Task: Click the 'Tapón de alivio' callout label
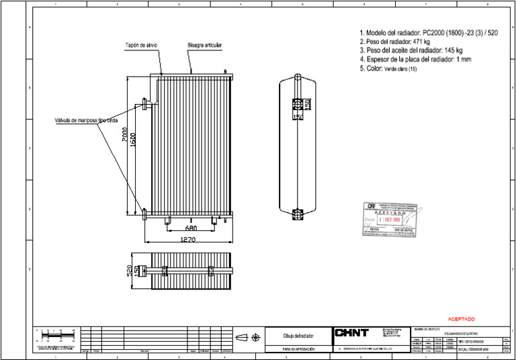tap(141, 46)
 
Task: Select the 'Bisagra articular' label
tap(204, 46)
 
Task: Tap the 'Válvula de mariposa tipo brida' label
tap(88, 121)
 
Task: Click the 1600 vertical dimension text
tap(134, 140)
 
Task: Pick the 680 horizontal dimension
tap(191, 228)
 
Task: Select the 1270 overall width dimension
tap(188, 239)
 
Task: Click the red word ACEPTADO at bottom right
tap(461, 318)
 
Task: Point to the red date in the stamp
tap(390, 219)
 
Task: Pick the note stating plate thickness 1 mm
tap(415, 59)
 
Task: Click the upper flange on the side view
tap(297, 104)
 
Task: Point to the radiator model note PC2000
tap(429, 33)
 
